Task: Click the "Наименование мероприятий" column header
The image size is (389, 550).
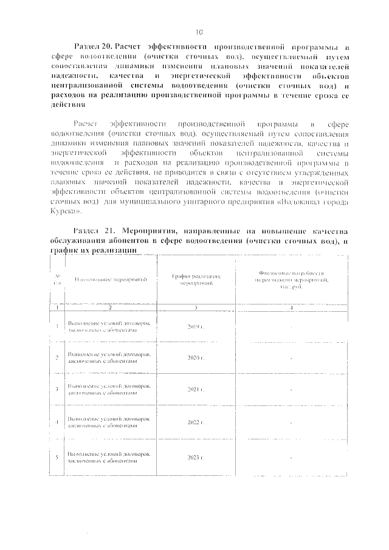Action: pos(111,279)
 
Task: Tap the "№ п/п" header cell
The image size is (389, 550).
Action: pos(57,279)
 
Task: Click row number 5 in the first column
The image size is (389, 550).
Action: pos(57,456)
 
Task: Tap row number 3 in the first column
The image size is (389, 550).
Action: pos(57,389)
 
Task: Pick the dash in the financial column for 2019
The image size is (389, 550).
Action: pos(291,327)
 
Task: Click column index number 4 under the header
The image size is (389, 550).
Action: pos(291,308)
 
